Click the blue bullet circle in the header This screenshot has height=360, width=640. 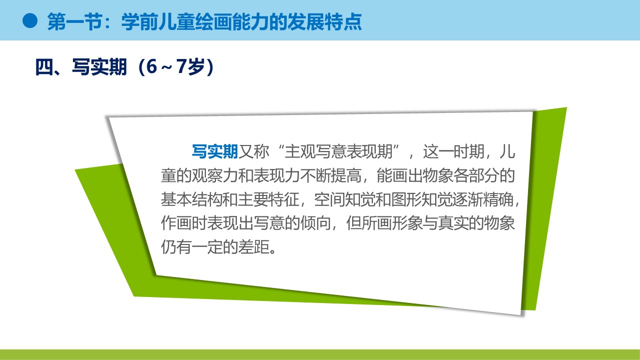(x=30, y=21)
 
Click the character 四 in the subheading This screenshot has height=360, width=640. (x=44, y=67)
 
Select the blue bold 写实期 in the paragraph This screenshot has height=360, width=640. (x=215, y=151)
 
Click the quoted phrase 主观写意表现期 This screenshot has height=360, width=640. (x=339, y=151)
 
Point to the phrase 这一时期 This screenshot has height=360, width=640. (x=454, y=151)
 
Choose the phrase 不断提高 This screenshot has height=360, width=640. (x=331, y=175)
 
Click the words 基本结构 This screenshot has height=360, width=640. (x=191, y=199)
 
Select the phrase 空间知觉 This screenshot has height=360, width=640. (x=345, y=199)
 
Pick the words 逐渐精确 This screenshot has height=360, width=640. (x=483, y=199)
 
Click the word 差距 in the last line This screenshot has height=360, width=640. (x=253, y=247)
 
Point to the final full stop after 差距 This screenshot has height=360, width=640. (x=273, y=251)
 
